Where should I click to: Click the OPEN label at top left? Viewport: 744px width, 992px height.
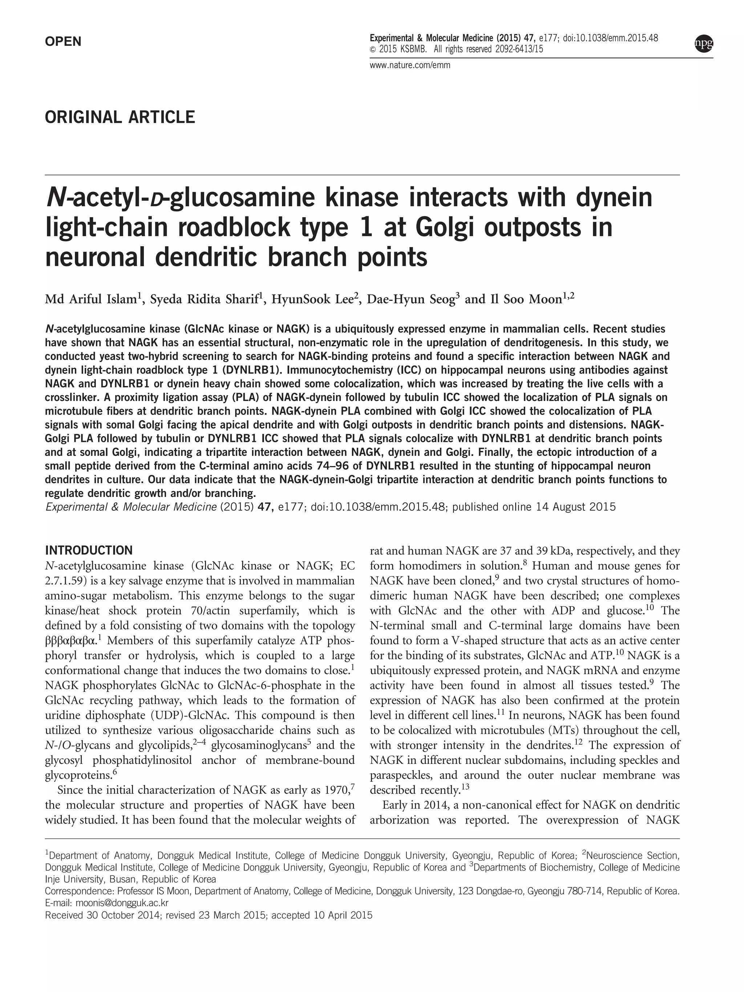tap(63, 42)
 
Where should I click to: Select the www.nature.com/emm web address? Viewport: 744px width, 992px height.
tap(410, 65)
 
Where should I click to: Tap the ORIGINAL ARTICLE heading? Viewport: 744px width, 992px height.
tap(120, 117)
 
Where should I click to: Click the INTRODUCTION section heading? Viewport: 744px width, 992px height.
tap(89, 550)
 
